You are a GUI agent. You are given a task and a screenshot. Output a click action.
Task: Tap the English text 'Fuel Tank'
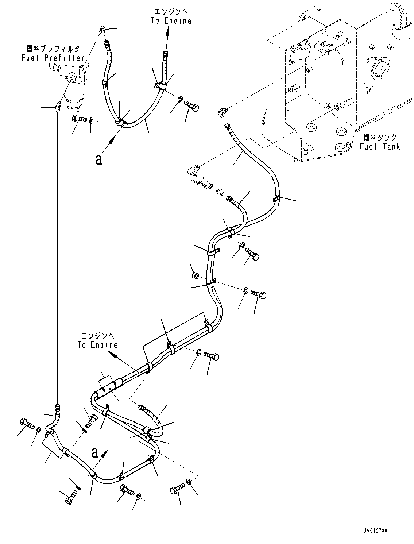[379, 146]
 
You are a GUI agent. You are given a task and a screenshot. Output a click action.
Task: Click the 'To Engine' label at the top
[171, 21]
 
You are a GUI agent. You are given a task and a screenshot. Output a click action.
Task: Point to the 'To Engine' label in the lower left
[97, 344]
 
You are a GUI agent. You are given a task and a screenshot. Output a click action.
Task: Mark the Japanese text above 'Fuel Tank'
[379, 138]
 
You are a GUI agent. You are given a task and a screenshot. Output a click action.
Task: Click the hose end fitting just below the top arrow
[166, 55]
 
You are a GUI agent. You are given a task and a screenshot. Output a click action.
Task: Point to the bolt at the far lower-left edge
[26, 424]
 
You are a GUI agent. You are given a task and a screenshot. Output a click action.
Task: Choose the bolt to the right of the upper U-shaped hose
[193, 106]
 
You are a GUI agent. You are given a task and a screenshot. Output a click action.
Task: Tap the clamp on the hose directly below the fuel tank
[276, 199]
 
